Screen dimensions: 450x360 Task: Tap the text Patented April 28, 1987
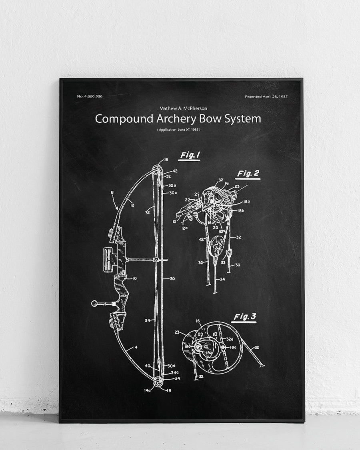pyautogui.click(x=266, y=97)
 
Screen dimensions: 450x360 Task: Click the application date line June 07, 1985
pyautogui.click(x=179, y=130)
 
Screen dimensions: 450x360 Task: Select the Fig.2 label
pyautogui.click(x=248, y=174)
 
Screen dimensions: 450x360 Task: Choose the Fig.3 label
pyautogui.click(x=245, y=317)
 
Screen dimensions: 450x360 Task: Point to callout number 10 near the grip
pyautogui.click(x=135, y=278)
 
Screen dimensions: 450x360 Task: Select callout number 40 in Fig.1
pyautogui.click(x=148, y=366)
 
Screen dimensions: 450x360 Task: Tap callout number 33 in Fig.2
pyautogui.click(x=222, y=263)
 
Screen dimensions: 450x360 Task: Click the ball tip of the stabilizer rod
pyautogui.click(x=94, y=304)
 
